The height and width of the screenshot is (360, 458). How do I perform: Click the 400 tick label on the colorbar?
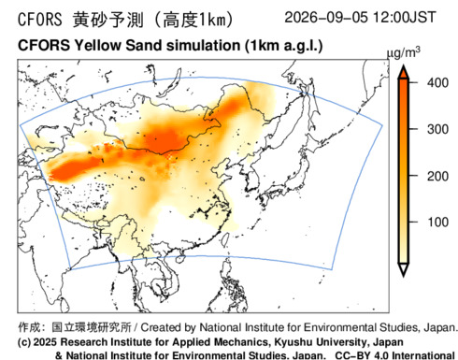(437, 83)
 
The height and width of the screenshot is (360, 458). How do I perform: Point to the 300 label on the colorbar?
(437, 129)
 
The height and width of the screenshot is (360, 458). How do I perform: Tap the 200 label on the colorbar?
(437, 176)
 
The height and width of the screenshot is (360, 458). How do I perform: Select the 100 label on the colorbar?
(437, 223)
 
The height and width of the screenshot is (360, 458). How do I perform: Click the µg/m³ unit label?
(404, 53)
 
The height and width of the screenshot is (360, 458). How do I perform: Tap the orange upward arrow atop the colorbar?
(404, 71)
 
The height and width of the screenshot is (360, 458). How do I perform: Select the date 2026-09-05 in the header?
(326, 17)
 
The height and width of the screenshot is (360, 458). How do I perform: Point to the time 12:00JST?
(405, 17)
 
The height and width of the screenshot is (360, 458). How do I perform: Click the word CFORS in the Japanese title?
(40, 20)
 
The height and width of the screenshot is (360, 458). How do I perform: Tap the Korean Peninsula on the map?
(250, 177)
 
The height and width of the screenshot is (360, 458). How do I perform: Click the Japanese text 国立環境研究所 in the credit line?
(92, 327)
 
